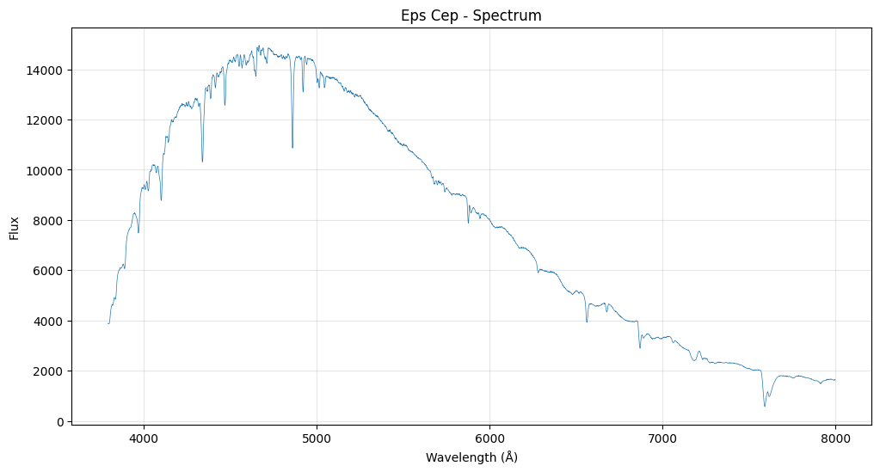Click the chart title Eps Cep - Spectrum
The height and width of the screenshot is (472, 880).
(x=471, y=15)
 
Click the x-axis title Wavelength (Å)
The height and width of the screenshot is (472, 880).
(x=471, y=457)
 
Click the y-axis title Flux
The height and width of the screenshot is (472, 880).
(x=15, y=228)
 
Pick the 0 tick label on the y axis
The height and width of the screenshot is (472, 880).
(x=60, y=421)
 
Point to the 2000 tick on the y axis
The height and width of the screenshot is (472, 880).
(x=50, y=371)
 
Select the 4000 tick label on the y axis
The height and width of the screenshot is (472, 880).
(x=50, y=321)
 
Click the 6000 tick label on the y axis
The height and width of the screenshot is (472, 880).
(x=50, y=271)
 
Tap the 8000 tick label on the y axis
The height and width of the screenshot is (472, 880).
(x=50, y=220)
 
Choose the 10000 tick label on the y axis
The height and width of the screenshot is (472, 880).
(x=47, y=170)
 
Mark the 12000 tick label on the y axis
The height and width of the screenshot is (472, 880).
(x=47, y=120)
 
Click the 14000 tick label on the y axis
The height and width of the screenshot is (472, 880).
(x=47, y=70)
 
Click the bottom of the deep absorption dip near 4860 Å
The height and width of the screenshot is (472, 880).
(x=292, y=148)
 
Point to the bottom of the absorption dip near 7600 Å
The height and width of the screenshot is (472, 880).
(x=765, y=406)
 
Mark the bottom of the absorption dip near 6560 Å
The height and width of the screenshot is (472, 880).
(x=587, y=322)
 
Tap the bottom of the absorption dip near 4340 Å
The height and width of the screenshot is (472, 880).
(x=202, y=162)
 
